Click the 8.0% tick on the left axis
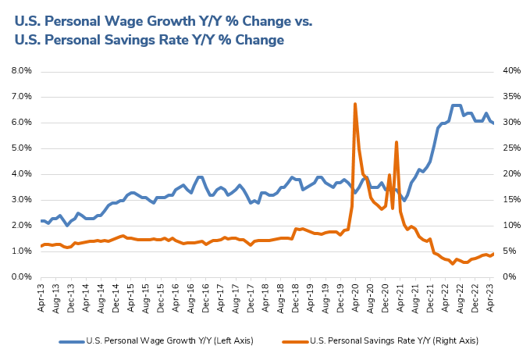(20, 70)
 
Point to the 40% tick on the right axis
(510, 70)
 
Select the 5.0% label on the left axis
(20, 148)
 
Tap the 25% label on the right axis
(510, 148)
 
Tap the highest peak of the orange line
(355, 104)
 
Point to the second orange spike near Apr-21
(397, 142)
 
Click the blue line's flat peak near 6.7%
(457, 105)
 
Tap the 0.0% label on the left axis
(20, 276)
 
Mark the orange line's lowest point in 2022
(453, 264)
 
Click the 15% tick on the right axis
(510, 199)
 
